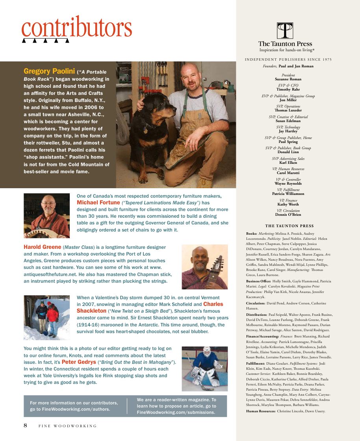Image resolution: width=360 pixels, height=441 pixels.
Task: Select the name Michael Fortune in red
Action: point(98,202)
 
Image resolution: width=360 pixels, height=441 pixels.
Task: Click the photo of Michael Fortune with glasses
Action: point(47,215)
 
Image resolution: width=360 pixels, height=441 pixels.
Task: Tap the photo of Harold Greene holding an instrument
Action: point(204,267)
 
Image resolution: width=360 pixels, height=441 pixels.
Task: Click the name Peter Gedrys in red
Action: point(78,362)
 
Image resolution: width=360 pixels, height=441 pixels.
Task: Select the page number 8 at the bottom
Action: point(25,425)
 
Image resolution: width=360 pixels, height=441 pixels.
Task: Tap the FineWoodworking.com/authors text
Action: point(70,409)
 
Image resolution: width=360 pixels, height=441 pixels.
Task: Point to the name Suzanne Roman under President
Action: point(288,79)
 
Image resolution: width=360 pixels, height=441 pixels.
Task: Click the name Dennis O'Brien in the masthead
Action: point(288,215)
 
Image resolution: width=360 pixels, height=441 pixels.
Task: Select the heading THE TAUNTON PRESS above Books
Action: point(289,226)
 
